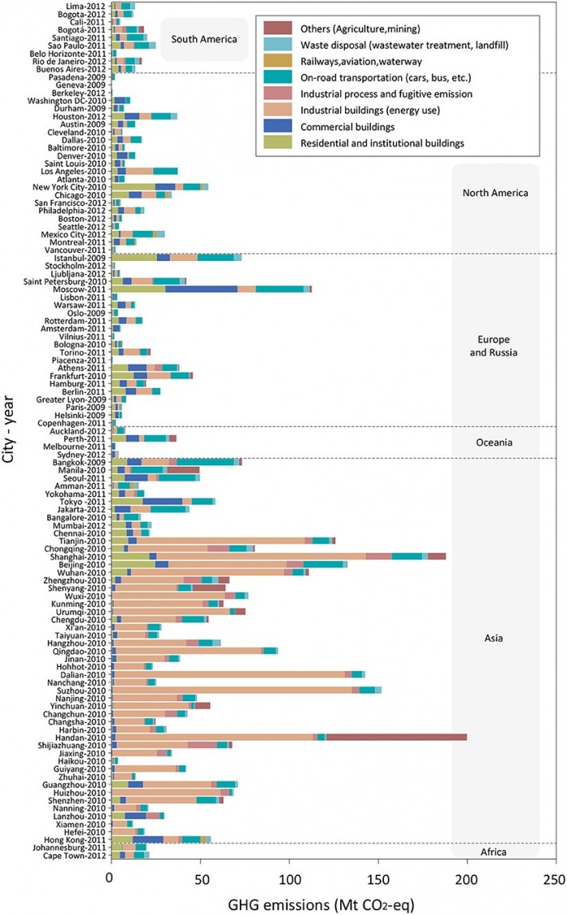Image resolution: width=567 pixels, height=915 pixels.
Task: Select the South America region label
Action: (x=202, y=38)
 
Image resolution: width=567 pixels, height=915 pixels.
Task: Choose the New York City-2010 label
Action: (x=74, y=186)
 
